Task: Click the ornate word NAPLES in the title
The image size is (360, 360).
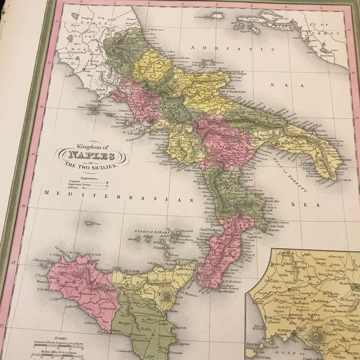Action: tap(92, 156)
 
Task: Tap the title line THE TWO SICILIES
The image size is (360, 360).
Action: tap(91, 166)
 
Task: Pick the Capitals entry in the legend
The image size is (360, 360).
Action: tap(74, 181)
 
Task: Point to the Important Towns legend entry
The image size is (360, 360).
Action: tap(79, 185)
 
